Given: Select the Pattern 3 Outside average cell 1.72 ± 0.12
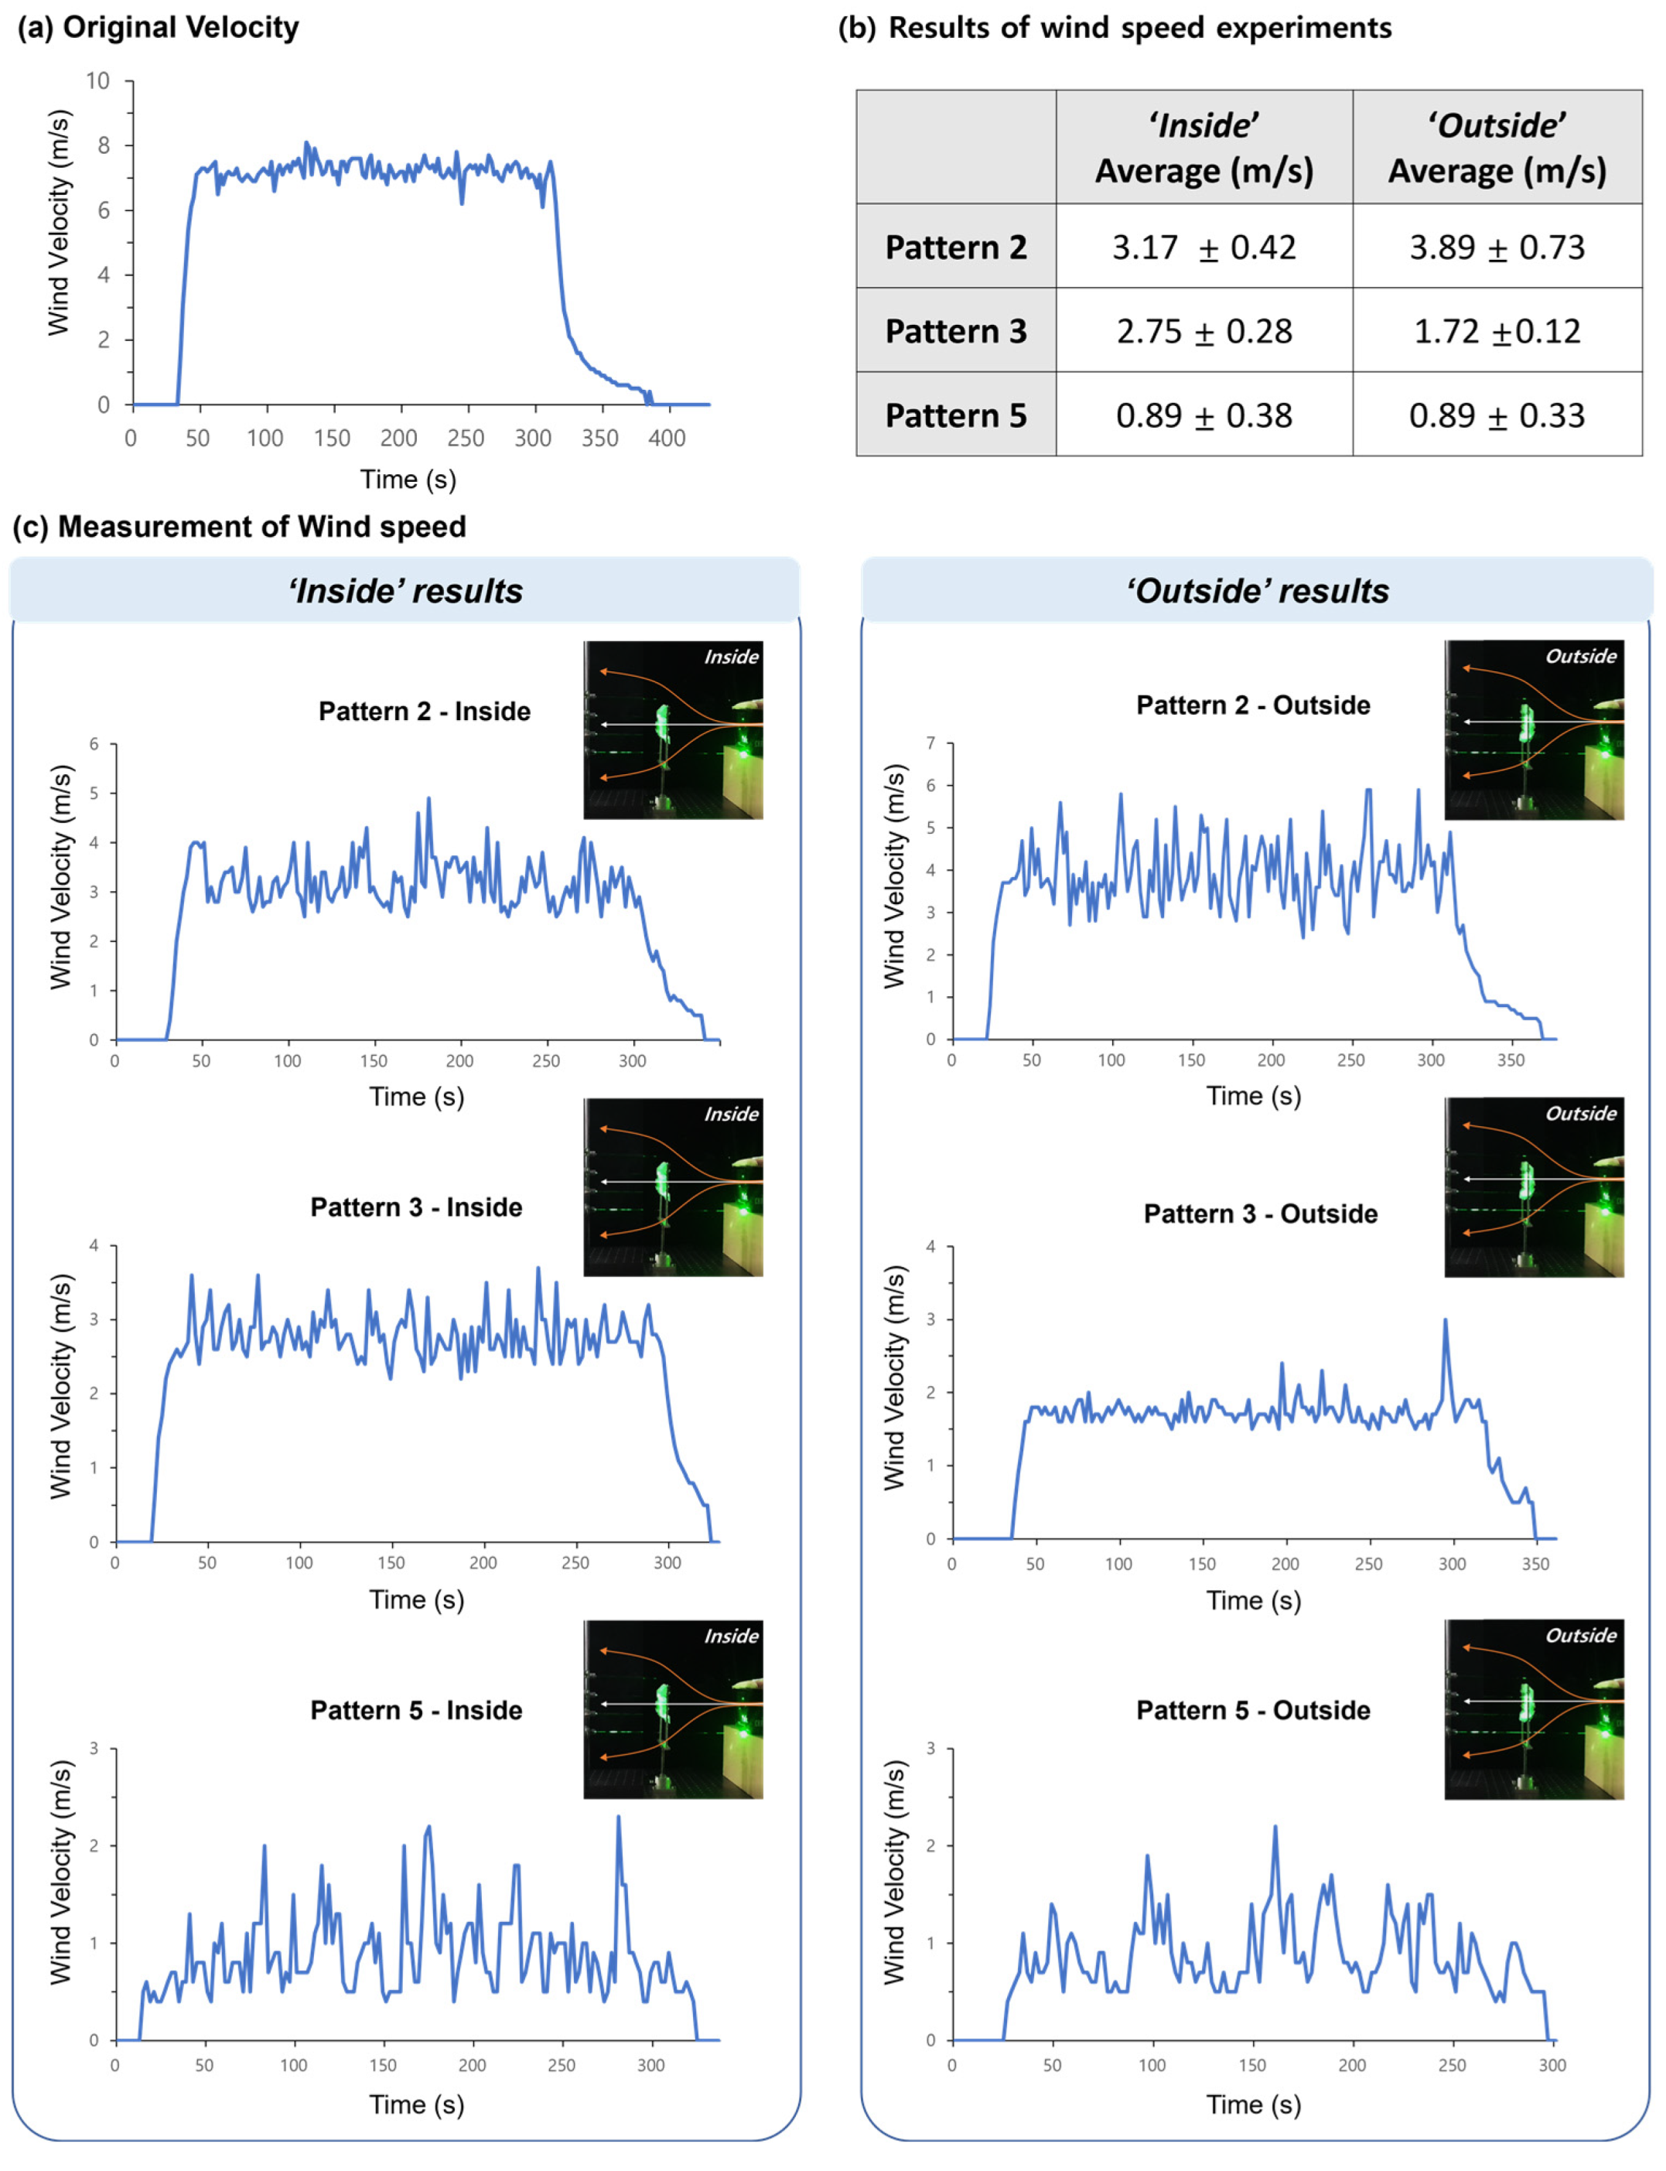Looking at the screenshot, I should point(1497,330).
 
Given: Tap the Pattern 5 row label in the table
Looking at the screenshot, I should point(955,415).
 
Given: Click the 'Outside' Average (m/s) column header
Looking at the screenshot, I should point(1497,148).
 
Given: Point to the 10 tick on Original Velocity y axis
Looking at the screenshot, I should point(97,80).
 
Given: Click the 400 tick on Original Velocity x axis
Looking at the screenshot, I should point(667,438).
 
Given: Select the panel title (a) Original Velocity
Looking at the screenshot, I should point(159,27).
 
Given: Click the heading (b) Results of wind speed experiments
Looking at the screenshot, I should point(1115,27).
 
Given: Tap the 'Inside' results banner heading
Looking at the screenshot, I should point(405,590).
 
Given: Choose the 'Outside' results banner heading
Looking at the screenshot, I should point(1258,590).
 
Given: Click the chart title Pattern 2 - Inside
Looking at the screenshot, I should point(425,711).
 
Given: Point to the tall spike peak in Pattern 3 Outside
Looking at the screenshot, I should point(1445,1320).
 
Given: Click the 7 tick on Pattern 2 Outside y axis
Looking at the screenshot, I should point(930,742).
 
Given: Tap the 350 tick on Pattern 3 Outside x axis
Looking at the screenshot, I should point(1535,1564).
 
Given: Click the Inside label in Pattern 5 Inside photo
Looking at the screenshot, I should point(731,1636).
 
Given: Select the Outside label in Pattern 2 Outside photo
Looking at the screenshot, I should point(1581,656).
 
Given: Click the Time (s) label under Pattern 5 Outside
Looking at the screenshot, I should point(1254,2104).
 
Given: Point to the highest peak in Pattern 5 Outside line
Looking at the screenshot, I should point(1275,1827).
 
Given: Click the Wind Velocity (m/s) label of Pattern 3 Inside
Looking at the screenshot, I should point(61,1387).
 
